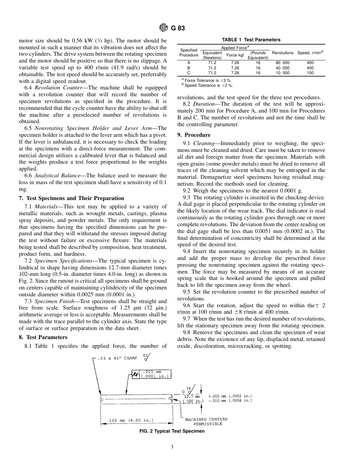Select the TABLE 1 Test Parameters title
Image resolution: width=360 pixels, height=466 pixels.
pos(251,40)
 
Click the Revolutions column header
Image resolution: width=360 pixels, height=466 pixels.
pos(282,53)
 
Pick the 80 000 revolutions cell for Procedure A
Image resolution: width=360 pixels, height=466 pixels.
pos(282,63)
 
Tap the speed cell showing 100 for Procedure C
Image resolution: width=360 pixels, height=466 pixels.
pos(310,73)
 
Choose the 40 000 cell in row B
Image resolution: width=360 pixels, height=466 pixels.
pos(282,68)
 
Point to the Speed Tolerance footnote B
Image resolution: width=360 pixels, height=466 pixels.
pos(207,85)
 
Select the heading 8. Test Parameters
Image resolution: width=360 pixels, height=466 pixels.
pos(43,337)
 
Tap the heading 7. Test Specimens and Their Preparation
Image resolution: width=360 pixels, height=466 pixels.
pos(71,198)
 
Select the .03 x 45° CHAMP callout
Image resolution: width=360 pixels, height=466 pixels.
pos(117,358)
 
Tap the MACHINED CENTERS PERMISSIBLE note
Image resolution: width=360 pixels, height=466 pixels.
pos(206,422)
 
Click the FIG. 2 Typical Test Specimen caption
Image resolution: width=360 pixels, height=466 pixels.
pos(172,431)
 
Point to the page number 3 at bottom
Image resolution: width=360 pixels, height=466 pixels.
pos(172,447)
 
